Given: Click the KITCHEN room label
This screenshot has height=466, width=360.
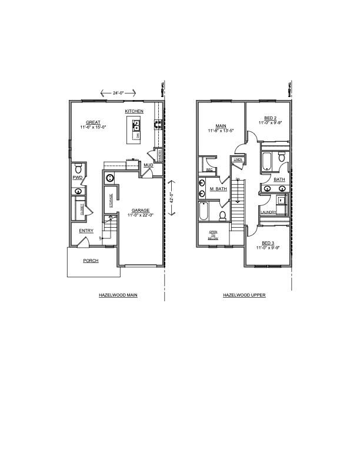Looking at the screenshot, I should (x=134, y=111).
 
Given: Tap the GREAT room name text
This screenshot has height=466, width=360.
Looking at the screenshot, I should (x=92, y=122).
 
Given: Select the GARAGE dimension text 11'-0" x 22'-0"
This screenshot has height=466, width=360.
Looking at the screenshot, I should (x=140, y=215).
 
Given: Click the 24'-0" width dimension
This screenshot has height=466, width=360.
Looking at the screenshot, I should (x=118, y=92).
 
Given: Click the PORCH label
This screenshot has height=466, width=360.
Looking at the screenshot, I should (x=91, y=260).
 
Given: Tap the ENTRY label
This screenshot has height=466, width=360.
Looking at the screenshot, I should (x=86, y=231).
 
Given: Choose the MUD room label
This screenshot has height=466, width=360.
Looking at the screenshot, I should (x=148, y=165).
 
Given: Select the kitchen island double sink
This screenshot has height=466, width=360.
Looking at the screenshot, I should (x=136, y=125).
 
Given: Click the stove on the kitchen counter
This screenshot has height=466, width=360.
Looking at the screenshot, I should (x=158, y=124).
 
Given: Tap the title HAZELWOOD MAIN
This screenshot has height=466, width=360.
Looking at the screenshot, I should (x=118, y=295).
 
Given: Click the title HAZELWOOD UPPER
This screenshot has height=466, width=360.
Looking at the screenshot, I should (x=244, y=295).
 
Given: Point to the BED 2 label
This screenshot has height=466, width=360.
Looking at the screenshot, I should (x=270, y=118).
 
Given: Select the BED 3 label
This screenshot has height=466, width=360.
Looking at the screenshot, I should (x=268, y=243).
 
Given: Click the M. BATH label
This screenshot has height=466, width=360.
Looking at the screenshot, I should (x=218, y=189).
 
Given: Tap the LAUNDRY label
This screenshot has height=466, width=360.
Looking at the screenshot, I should (x=268, y=212).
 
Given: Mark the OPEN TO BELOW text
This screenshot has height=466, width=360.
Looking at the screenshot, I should (x=213, y=235).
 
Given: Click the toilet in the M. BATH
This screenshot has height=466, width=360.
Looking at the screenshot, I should (x=223, y=216).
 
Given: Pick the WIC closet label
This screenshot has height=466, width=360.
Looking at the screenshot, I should (x=209, y=169).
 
